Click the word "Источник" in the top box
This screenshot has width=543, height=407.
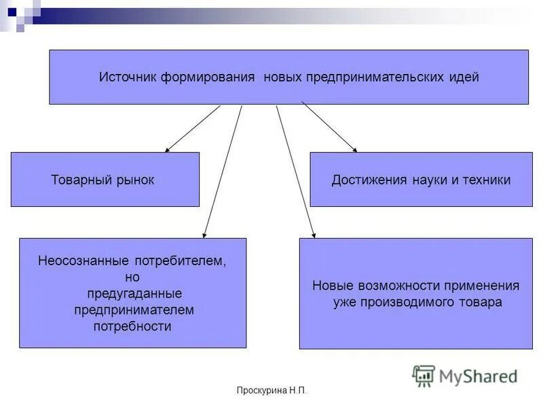(x=128, y=77)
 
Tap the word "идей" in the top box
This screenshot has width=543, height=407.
(x=464, y=77)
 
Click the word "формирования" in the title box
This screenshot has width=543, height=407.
(x=207, y=77)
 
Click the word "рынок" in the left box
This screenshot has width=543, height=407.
(x=132, y=180)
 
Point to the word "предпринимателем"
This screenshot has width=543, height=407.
(x=134, y=310)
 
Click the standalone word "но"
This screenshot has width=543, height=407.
(x=133, y=277)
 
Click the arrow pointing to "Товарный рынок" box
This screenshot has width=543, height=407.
(x=192, y=128)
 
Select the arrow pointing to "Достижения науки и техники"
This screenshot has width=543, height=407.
(x=329, y=128)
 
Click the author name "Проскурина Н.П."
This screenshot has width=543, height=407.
(x=271, y=391)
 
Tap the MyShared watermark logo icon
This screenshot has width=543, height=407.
(x=424, y=375)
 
